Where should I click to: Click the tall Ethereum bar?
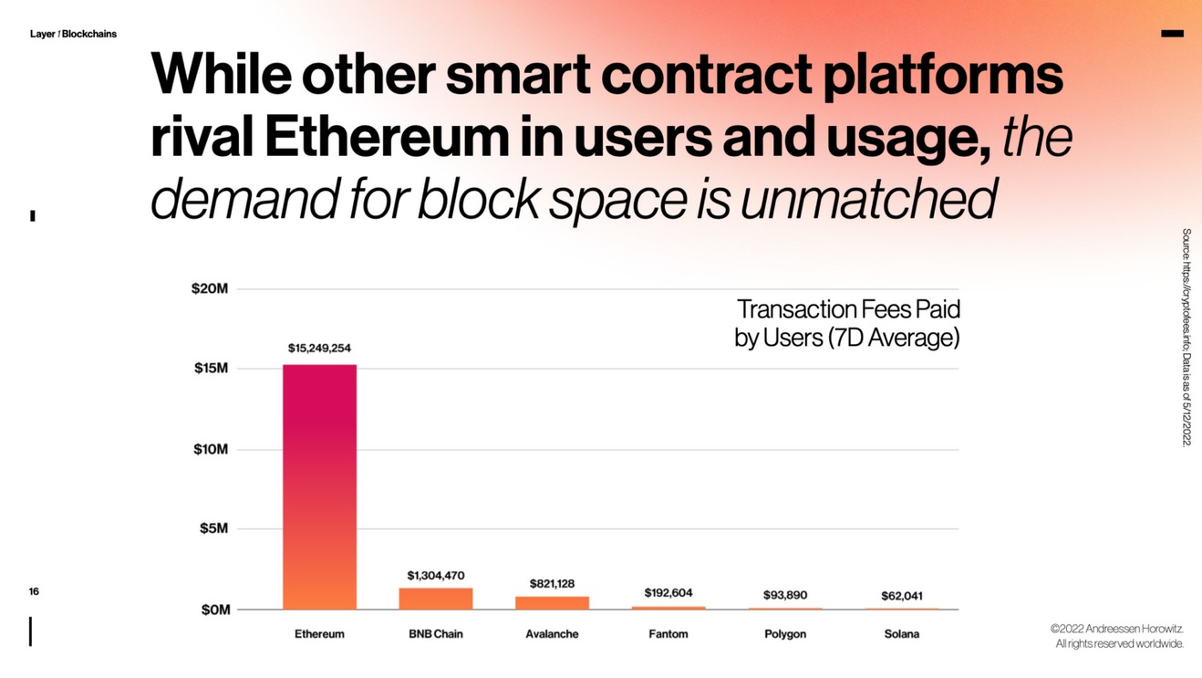(x=319, y=486)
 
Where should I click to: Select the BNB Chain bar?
(x=436, y=599)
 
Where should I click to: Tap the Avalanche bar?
(x=552, y=602)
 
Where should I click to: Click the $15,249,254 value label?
(x=319, y=348)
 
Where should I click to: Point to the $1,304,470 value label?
(x=436, y=575)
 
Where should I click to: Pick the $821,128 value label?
(x=552, y=583)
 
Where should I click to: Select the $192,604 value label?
(x=668, y=592)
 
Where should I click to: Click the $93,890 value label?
(x=785, y=595)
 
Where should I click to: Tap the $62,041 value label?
(x=901, y=596)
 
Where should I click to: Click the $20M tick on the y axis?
(x=209, y=289)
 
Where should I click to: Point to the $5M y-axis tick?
(x=213, y=529)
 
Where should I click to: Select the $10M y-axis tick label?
(x=211, y=450)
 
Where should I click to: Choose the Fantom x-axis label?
(x=668, y=634)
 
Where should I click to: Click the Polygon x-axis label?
(x=785, y=634)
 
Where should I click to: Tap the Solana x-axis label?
(x=901, y=634)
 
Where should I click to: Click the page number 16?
(x=34, y=592)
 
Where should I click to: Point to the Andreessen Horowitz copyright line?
(x=1116, y=630)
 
